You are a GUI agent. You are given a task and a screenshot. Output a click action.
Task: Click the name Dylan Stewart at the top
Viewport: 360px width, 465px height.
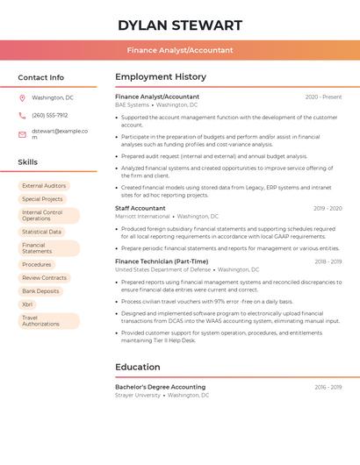(179, 25)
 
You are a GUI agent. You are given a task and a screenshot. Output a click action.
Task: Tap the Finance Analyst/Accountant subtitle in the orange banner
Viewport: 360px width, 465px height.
(179, 51)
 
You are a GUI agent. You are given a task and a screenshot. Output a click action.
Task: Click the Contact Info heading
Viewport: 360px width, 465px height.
(41, 77)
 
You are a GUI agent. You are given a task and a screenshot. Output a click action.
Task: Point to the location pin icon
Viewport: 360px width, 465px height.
(22, 98)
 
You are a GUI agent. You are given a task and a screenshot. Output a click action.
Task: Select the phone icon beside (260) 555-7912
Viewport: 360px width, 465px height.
(22, 116)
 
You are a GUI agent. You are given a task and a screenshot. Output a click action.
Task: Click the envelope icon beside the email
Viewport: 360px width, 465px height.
(22, 134)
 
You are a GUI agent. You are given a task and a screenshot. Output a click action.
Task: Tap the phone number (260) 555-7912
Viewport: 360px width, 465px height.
(49, 116)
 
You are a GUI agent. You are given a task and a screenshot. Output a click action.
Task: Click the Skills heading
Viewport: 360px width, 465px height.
(28, 162)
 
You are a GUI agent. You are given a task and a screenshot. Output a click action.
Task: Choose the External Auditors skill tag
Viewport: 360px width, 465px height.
(44, 186)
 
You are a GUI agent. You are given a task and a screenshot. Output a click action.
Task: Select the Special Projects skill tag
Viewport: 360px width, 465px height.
(42, 199)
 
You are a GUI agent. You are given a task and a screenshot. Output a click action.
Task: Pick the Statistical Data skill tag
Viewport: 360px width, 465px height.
(41, 232)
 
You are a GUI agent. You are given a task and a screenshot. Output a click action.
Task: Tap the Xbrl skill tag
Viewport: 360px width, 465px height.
(27, 304)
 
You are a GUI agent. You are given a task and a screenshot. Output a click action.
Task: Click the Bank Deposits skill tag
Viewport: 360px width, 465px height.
(40, 290)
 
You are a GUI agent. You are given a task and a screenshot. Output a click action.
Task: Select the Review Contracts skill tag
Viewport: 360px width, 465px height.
(44, 277)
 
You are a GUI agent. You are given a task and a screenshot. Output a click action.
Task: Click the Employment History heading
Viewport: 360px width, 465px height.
(161, 77)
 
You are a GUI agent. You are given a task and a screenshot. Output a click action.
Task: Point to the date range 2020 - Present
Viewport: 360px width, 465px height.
(323, 97)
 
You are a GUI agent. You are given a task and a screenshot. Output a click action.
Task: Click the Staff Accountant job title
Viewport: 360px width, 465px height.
(140, 208)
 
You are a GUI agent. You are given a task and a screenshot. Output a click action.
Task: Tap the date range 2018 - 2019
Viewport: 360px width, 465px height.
(328, 261)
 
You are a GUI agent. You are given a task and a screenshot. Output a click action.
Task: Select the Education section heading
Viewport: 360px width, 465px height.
(138, 367)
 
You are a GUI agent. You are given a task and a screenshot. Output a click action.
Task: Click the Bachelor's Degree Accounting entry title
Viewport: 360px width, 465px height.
(160, 387)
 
